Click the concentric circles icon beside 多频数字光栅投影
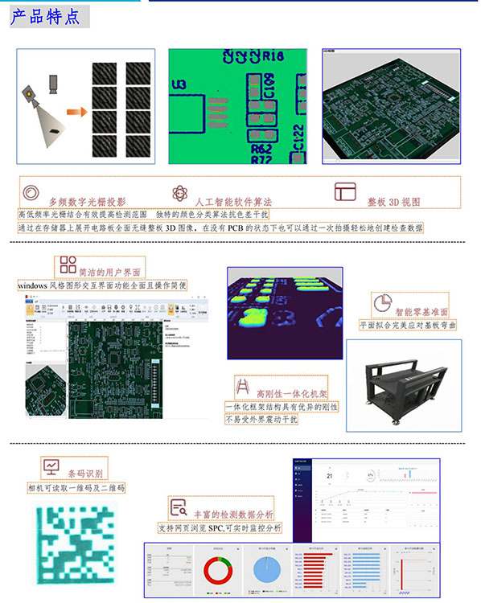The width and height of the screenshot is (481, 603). tap(31, 194)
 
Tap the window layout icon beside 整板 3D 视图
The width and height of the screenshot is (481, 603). tap(345, 192)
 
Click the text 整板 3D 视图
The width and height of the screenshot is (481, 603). tap(394, 202)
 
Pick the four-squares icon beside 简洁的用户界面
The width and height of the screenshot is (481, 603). tap(68, 266)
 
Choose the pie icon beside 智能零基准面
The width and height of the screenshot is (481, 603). tap(383, 302)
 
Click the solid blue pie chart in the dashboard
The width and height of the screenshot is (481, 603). tap(267, 570)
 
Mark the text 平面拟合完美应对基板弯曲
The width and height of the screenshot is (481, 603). tap(409, 325)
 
